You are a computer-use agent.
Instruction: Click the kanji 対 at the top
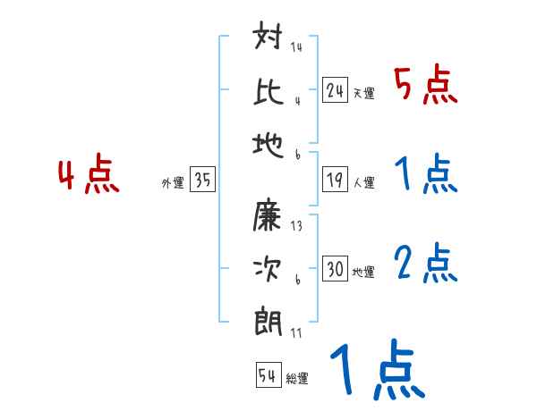click(269, 41)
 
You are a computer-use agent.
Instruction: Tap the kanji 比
click(269, 90)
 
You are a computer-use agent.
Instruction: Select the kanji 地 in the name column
click(269, 141)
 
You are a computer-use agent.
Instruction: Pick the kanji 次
click(269, 268)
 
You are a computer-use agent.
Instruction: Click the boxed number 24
click(336, 89)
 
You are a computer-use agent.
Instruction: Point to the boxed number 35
click(201, 181)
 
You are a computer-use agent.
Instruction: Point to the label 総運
click(297, 379)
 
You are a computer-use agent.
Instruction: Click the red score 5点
click(425, 87)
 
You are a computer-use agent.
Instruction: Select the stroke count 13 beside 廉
click(296, 225)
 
